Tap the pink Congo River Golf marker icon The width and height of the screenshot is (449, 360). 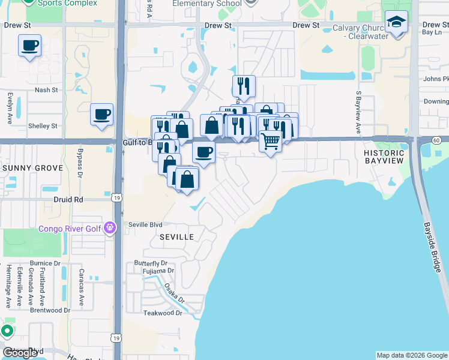pos(109,227)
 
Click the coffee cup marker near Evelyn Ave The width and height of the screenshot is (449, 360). pos(29,46)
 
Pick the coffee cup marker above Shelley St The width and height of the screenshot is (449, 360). pos(101,114)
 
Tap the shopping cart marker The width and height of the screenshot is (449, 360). pos(271,142)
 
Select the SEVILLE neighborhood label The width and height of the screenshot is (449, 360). pos(176,237)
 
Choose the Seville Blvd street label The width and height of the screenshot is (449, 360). pos(145,224)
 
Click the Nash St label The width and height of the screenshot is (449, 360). pos(46,90)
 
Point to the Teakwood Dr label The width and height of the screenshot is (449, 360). pos(162,313)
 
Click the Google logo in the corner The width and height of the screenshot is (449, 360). pos(20,353)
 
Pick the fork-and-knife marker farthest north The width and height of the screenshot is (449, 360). pos(244,85)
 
